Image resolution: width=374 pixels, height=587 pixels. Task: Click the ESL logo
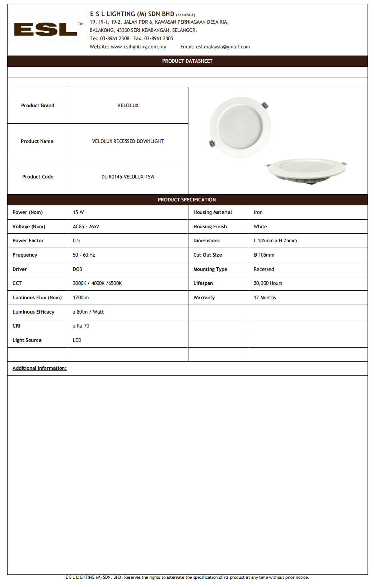pos(46,29)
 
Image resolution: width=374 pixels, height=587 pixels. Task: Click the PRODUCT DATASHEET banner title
pos(187,61)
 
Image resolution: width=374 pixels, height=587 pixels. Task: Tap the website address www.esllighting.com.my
pos(138,47)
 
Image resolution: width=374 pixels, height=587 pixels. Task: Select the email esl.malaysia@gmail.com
pos(223,47)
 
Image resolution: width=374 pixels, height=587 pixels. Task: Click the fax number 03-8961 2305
pos(158,39)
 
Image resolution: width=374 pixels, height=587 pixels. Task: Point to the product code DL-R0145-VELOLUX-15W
pos(128,177)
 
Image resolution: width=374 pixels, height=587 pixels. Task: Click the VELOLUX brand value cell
pos(128,106)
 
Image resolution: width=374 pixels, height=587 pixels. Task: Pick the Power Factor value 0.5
pos(76,241)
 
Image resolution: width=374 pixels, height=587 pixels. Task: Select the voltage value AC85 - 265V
pos(86,227)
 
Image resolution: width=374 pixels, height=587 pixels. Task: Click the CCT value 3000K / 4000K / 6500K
pos(97,283)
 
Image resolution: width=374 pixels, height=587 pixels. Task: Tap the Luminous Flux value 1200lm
pos(81,298)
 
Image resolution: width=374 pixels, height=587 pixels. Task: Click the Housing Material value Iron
pos(258,213)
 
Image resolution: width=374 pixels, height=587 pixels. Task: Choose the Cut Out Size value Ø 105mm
pos(264,255)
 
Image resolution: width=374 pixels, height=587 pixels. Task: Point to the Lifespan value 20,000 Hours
pos(268,283)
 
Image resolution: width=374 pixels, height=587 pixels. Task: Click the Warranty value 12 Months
pos(265,298)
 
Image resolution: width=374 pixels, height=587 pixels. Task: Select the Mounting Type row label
pos(210,269)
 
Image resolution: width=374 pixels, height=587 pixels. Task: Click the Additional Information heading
pos(39,368)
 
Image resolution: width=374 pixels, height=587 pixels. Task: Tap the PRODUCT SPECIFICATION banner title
pos(187,200)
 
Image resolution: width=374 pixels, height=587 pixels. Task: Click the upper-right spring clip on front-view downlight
pos(265,105)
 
